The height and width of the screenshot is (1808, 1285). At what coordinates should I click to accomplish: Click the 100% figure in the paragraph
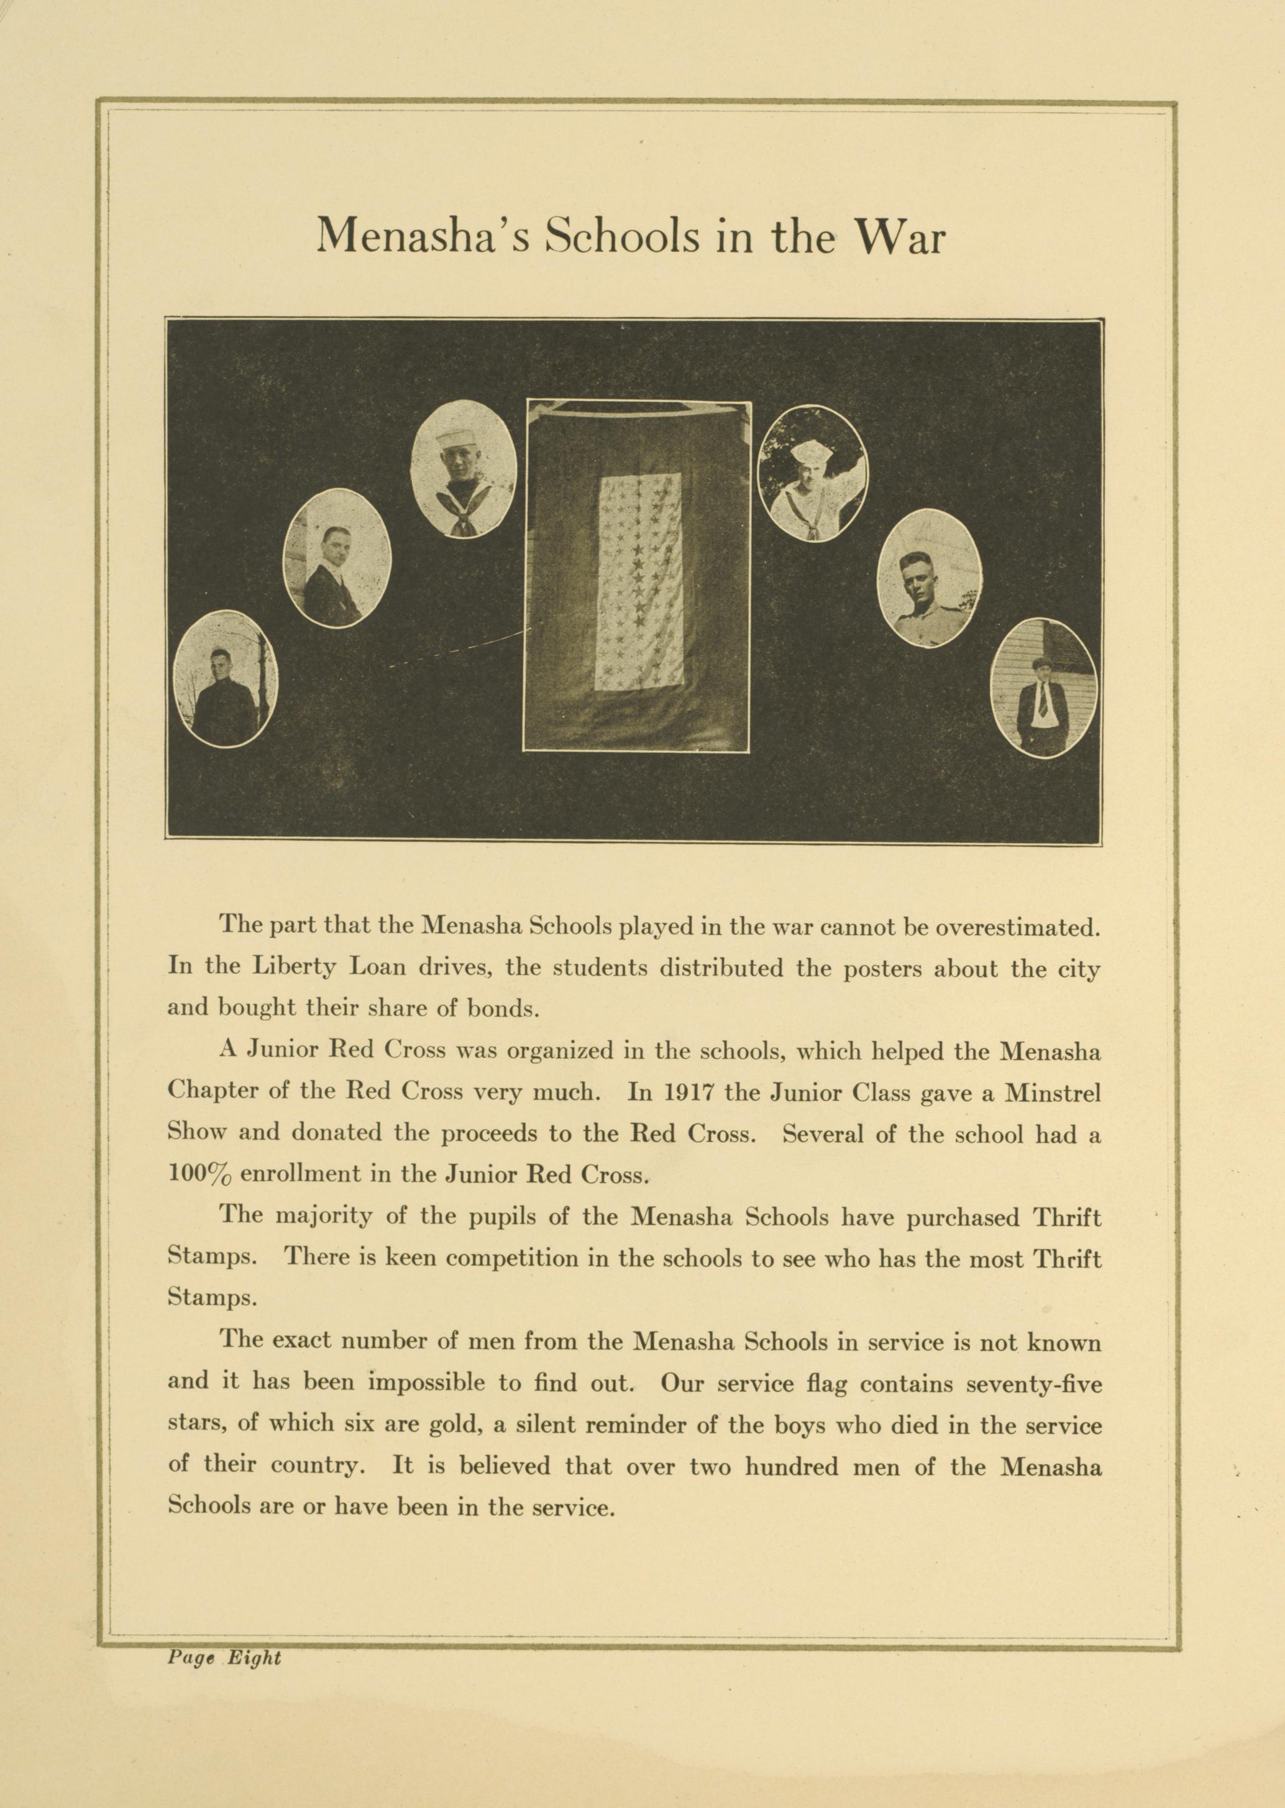pyautogui.click(x=199, y=1174)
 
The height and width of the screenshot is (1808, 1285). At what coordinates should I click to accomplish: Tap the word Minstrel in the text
pyautogui.click(x=1053, y=1092)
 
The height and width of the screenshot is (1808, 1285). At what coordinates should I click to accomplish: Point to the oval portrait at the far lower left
pyautogui.click(x=226, y=678)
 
